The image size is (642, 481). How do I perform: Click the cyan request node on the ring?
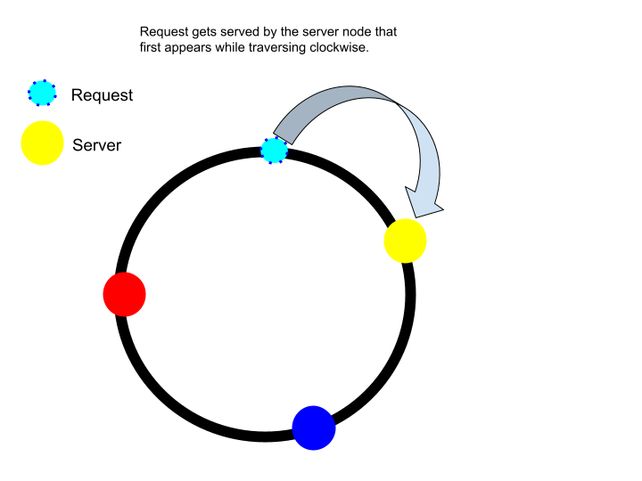point(275,151)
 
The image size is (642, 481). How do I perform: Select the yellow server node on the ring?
point(406,240)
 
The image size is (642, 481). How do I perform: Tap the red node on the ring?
point(125,294)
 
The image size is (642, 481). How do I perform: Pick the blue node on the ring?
point(314,428)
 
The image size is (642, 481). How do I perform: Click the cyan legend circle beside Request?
point(42,92)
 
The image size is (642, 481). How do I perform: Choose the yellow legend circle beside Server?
point(42,143)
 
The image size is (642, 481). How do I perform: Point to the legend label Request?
point(102,95)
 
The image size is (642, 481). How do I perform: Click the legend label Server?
point(96,145)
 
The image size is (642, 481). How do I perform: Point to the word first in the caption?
point(149,47)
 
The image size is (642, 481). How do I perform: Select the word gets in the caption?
point(202,32)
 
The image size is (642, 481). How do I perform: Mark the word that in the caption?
point(385,32)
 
